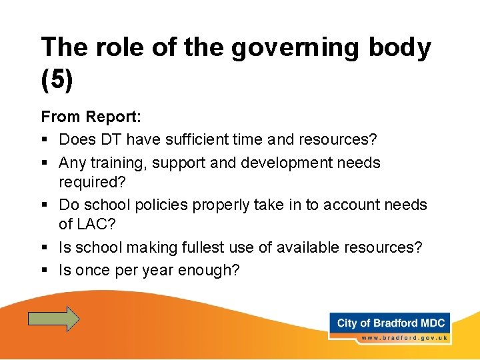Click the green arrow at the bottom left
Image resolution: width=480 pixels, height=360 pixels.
tap(53, 319)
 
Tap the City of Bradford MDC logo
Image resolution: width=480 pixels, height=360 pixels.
tap(391, 323)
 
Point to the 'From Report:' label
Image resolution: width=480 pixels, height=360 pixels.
tap(91, 117)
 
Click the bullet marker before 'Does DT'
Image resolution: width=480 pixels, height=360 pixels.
tap(44, 140)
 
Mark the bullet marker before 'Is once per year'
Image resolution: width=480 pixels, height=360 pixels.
tap(44, 271)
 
